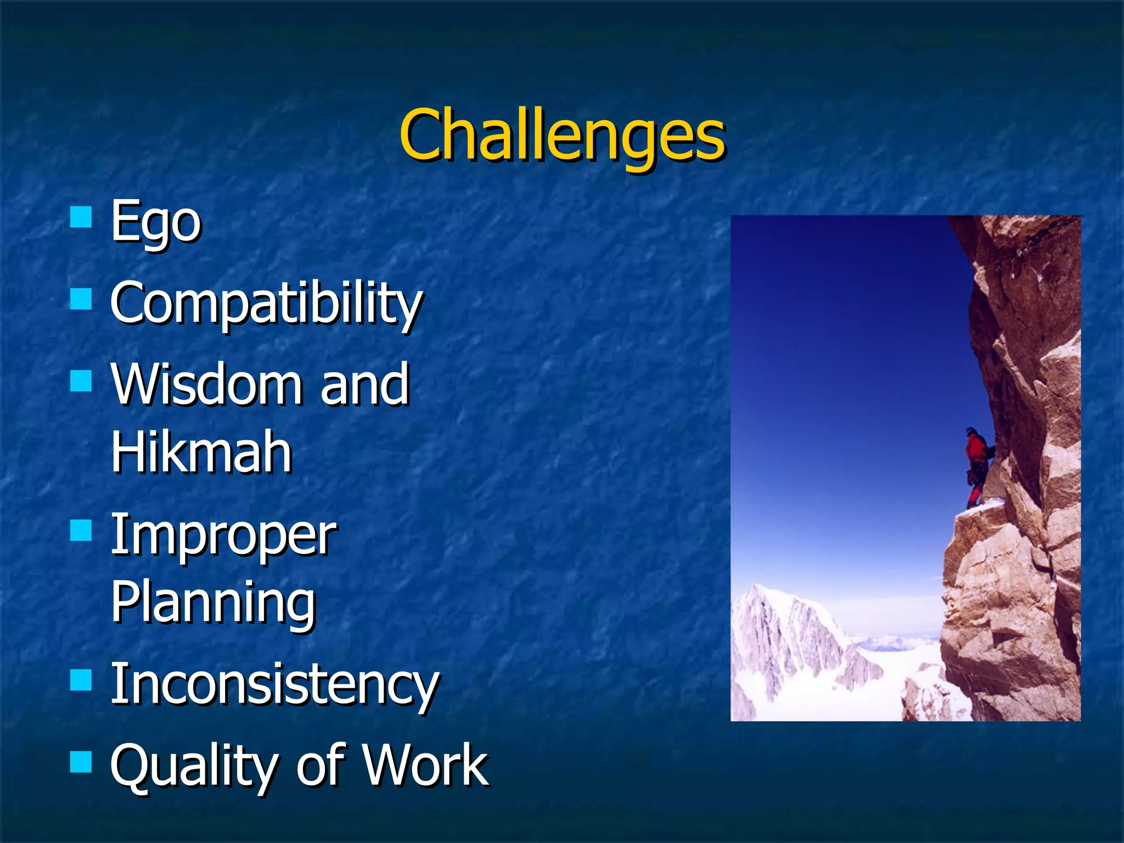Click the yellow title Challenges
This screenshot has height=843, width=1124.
[562, 136]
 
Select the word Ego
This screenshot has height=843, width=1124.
[156, 222]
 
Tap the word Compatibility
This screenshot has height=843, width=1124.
[266, 303]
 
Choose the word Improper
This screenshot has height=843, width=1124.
[223, 536]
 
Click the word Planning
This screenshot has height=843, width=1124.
[213, 603]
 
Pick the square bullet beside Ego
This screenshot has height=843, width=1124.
[81, 217]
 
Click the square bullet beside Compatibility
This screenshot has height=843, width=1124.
[81, 300]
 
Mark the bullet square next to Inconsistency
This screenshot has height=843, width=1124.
[81, 680]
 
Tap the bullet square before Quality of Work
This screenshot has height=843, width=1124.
[81, 762]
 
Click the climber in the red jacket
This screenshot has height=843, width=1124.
[976, 467]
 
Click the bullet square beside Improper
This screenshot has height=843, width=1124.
[81, 531]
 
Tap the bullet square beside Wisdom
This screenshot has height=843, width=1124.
[81, 380]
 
